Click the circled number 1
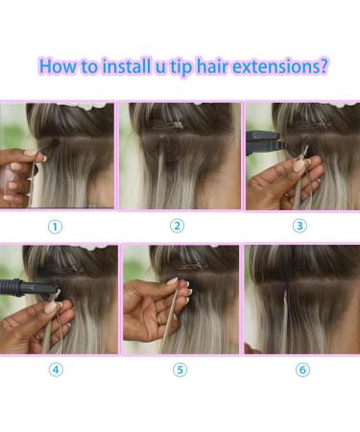tap(56, 227)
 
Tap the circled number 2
tap(177, 227)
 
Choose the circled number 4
tap(56, 370)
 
